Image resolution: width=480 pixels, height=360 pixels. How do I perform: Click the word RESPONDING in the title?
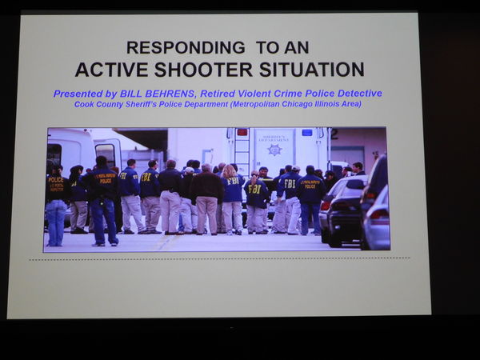coord(186,48)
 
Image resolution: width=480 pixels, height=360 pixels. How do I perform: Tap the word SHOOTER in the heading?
coord(203,70)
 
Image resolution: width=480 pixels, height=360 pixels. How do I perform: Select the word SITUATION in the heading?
coord(312,70)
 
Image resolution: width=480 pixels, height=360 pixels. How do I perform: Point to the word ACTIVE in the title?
coord(111,70)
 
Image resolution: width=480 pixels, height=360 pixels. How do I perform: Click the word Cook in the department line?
coord(82,104)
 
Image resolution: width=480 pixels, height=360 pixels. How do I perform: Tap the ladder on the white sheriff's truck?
coord(242,148)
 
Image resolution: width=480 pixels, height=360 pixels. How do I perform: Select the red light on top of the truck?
coord(242,132)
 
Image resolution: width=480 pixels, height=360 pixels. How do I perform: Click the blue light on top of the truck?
coord(307,132)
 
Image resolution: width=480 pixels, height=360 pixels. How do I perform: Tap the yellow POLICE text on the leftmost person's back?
coord(56,180)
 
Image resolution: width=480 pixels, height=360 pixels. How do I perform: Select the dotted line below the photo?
coord(219,259)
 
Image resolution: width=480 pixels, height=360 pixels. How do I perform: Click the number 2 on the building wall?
coord(334,134)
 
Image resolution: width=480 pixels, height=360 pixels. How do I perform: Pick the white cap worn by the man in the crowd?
coord(190,170)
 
